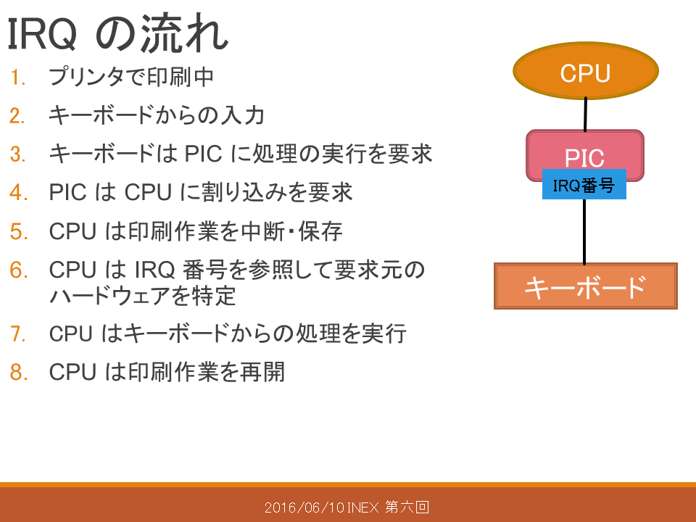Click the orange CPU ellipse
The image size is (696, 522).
(x=586, y=70)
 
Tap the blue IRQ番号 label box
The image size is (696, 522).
(x=584, y=184)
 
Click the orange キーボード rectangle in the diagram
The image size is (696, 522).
(x=586, y=286)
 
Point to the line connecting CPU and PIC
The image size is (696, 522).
(x=586, y=115)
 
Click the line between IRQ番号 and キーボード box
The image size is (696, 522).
(x=584, y=231)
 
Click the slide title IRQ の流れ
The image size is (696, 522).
(x=117, y=33)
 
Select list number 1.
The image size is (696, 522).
(x=17, y=78)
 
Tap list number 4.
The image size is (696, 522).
(x=19, y=193)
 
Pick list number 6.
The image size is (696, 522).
(x=19, y=270)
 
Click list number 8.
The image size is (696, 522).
(x=19, y=372)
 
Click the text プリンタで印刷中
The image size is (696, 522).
(x=131, y=76)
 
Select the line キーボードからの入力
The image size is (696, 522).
(x=157, y=115)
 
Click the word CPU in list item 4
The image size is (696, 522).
(x=148, y=193)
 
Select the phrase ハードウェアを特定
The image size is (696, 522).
(x=142, y=296)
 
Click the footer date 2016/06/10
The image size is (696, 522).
(x=304, y=507)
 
